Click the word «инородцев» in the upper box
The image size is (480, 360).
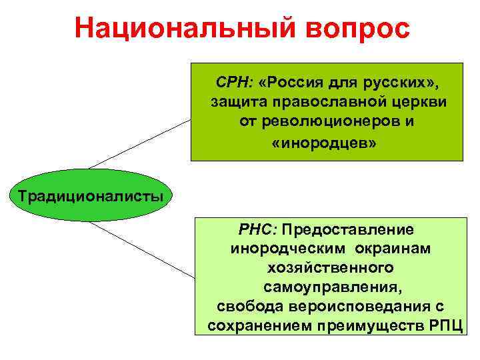click(324, 143)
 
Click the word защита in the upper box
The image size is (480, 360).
click(235, 103)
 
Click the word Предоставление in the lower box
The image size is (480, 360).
click(347, 229)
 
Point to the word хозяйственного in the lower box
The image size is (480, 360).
click(329, 268)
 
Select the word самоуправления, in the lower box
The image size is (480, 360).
click(329, 287)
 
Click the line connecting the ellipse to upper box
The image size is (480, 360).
click(140, 144)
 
